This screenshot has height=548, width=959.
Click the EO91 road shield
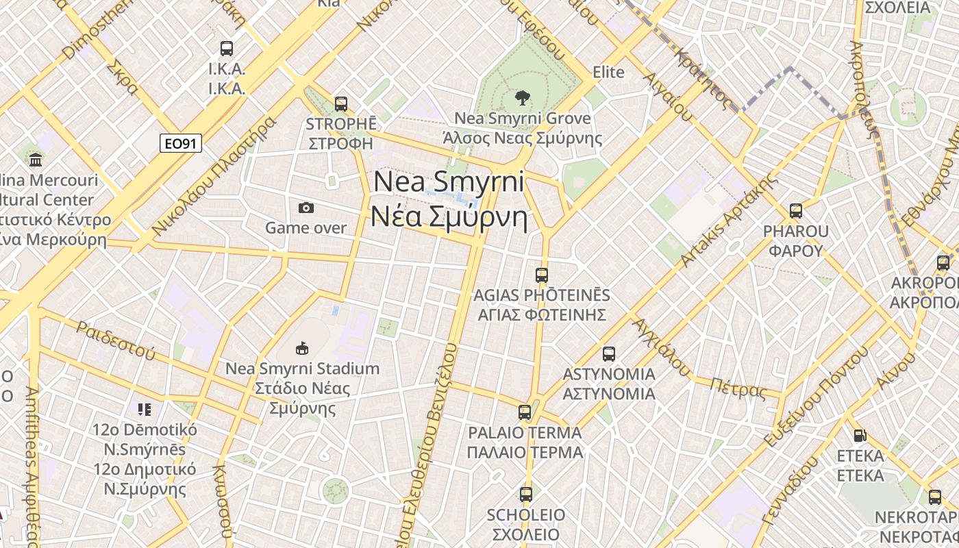pos(181,143)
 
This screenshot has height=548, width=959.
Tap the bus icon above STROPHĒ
pos(340,104)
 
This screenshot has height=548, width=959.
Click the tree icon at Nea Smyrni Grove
pos(522,98)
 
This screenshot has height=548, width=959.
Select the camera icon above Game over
pos(306,208)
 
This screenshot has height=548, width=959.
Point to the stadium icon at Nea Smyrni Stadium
pos(301,349)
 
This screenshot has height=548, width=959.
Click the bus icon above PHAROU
pos(795,211)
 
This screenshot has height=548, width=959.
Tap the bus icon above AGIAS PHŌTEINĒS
pos(542,275)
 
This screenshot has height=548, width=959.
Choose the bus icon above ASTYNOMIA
pos(609,354)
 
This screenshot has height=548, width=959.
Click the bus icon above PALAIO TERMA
pos(525,412)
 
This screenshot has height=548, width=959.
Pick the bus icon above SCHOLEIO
pos(525,495)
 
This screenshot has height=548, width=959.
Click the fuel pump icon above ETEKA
pos(859,436)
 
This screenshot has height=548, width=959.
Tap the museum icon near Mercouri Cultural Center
pos(36,160)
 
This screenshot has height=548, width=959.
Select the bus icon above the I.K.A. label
pos(227,49)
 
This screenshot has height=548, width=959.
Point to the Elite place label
pos(608,72)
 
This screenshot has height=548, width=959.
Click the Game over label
pos(306,227)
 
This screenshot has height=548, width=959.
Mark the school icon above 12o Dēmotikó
pos(145,410)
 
